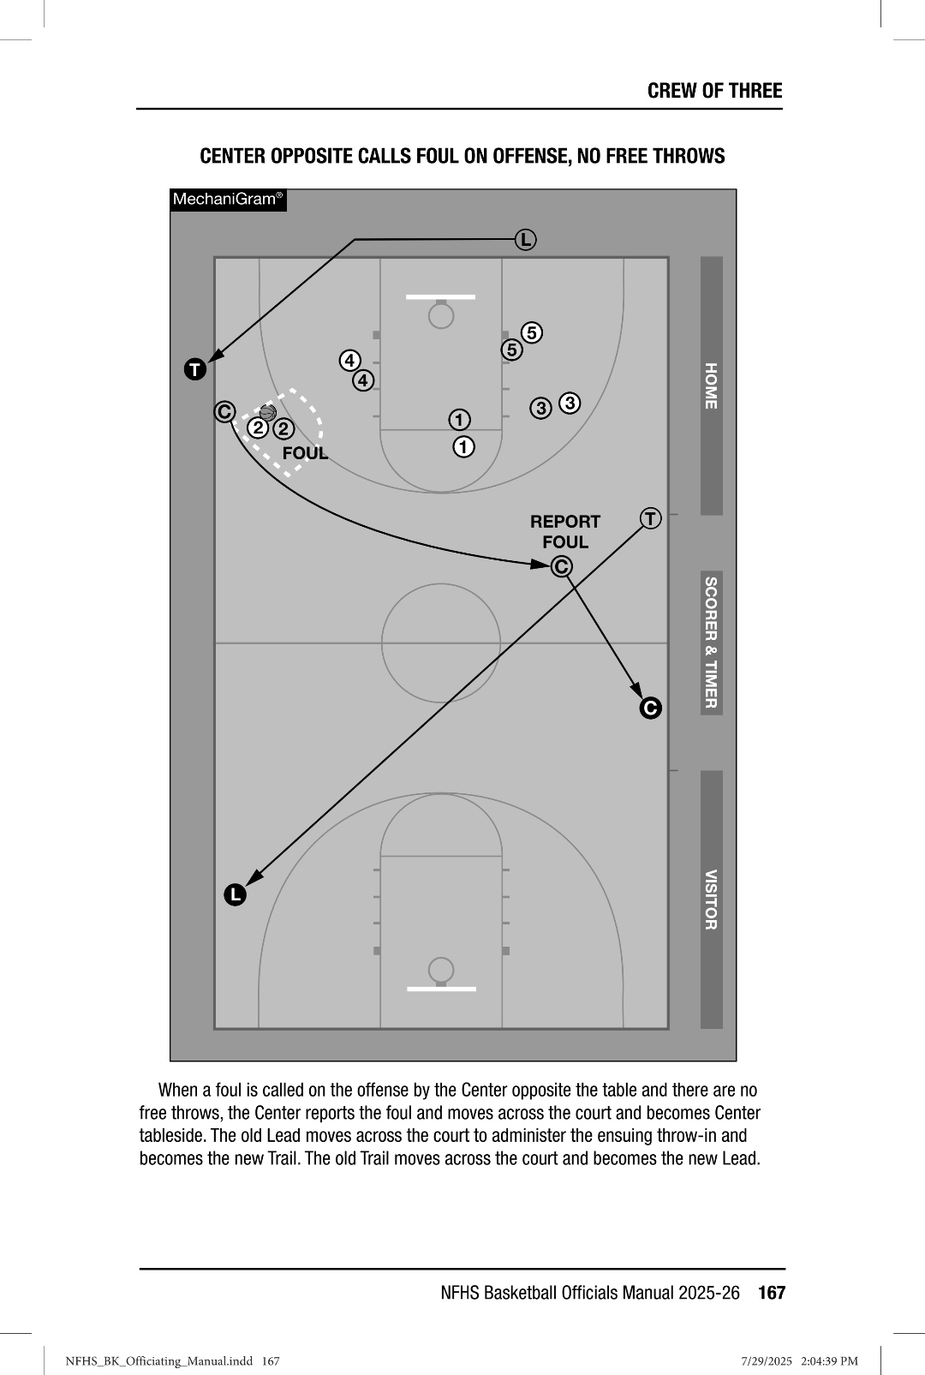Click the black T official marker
click(195, 369)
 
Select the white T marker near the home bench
click(651, 518)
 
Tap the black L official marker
click(235, 894)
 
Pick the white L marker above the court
click(525, 240)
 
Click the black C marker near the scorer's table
click(650, 708)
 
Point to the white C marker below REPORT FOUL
click(562, 566)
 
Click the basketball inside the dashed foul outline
click(267, 413)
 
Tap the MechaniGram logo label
click(228, 200)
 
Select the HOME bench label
click(711, 386)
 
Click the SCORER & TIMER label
click(711, 643)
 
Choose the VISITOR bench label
click(711, 900)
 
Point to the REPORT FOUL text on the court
click(565, 531)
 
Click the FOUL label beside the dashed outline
click(306, 453)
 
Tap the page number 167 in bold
click(771, 1293)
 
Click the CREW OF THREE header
click(714, 91)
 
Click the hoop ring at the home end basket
click(441, 317)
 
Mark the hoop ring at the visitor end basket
click(441, 970)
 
